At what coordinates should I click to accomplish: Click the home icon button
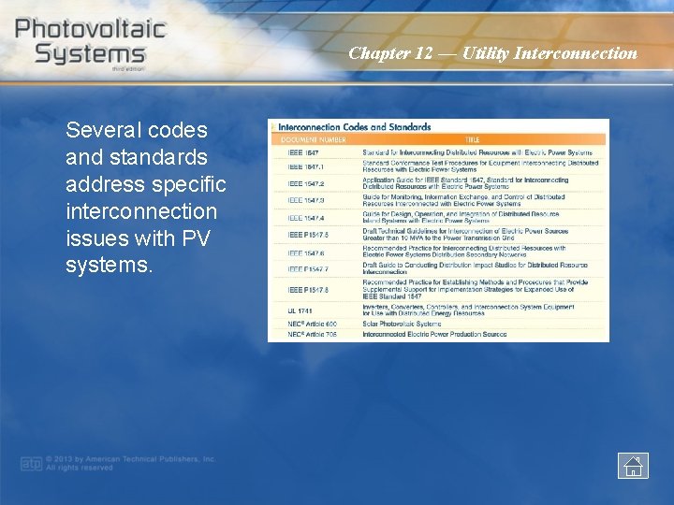(x=633, y=465)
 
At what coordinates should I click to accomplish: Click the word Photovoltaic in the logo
(x=90, y=27)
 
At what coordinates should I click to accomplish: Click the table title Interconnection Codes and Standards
(x=355, y=127)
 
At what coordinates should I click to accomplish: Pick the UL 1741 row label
(x=300, y=310)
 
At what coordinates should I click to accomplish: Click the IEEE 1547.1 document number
(x=305, y=166)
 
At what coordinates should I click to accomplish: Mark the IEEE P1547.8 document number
(x=308, y=289)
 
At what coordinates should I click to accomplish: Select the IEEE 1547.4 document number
(x=306, y=218)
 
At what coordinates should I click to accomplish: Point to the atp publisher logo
(x=33, y=463)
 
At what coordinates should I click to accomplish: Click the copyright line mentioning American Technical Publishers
(x=131, y=459)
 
